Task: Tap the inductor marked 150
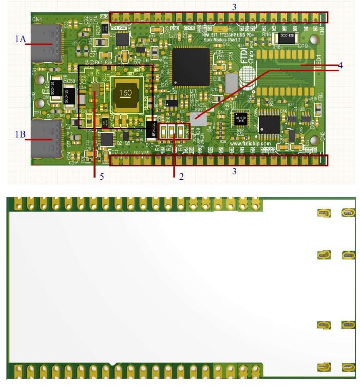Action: coord(125,93)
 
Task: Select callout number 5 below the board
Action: coord(102,176)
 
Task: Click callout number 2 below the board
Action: coord(181,176)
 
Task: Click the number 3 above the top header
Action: coord(234,7)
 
